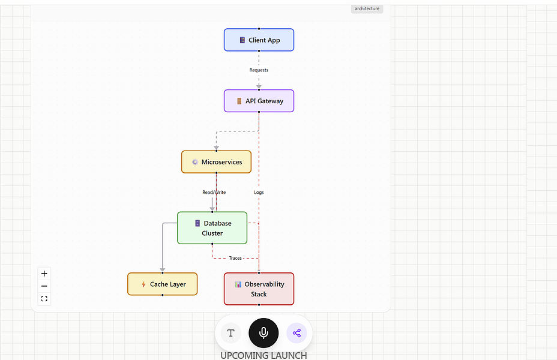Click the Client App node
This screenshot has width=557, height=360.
[259, 40]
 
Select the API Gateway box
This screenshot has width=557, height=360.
[259, 101]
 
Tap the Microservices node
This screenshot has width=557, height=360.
[216, 162]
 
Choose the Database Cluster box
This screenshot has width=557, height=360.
[212, 228]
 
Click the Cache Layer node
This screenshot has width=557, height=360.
[162, 284]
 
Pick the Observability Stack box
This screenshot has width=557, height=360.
[259, 289]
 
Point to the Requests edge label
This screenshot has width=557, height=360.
[259, 70]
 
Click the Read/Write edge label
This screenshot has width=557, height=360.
[214, 193]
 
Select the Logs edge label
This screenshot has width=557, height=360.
[259, 193]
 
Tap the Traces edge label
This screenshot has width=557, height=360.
[235, 258]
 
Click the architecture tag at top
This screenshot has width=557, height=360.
[367, 8]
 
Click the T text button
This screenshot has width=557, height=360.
[230, 333]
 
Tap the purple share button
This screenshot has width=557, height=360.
[297, 333]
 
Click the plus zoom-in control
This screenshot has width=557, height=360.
[44, 274]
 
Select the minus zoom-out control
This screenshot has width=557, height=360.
[44, 286]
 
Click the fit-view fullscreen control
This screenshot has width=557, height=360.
[44, 299]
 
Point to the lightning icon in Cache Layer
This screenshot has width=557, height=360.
[143, 284]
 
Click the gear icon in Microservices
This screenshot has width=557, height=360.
[194, 162]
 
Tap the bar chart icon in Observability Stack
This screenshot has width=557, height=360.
[238, 284]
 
